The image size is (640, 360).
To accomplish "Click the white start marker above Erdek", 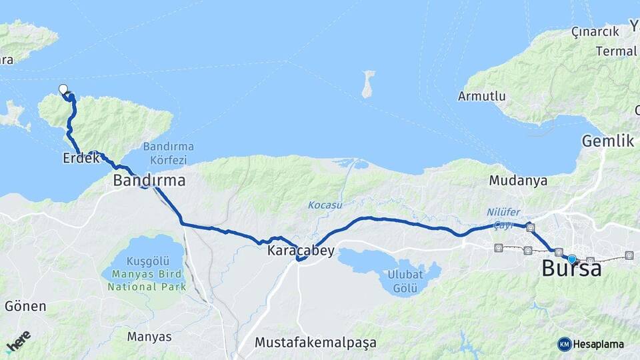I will (63, 89).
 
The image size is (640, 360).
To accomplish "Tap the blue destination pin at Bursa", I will (571, 258).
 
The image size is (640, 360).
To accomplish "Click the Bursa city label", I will (571, 269).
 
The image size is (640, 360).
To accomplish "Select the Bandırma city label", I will (149, 180).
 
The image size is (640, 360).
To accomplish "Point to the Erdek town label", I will (81, 158).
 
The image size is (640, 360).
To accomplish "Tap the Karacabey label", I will (301, 251).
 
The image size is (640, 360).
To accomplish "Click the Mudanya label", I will (518, 180).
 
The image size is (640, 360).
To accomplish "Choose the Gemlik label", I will (607, 141).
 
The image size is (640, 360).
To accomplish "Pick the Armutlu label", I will (481, 96).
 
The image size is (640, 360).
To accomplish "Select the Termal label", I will (617, 51).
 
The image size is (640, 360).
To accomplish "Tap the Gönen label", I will (25, 307).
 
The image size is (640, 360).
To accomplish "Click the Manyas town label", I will (149, 337).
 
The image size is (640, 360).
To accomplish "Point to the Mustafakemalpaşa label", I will (315, 343).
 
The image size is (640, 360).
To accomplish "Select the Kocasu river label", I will (325, 205).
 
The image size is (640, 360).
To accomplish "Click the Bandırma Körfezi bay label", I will (168, 153).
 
